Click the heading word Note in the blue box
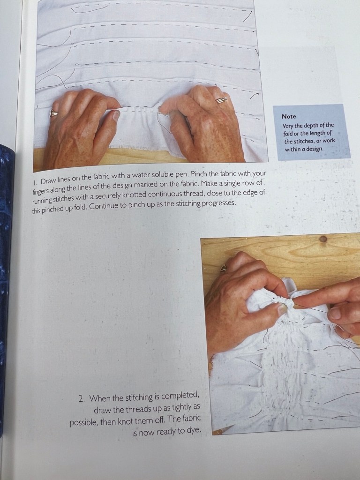tap(289, 116)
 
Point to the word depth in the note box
tap(309, 126)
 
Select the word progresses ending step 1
tap(219, 203)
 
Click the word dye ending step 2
tap(195, 431)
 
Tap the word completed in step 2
tap(180, 396)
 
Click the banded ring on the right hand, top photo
tap(221, 100)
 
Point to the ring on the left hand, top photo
tap(53, 113)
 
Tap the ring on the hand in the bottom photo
tap(224, 268)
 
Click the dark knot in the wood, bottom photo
tap(323, 239)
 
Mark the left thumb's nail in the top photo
tap(116, 115)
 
